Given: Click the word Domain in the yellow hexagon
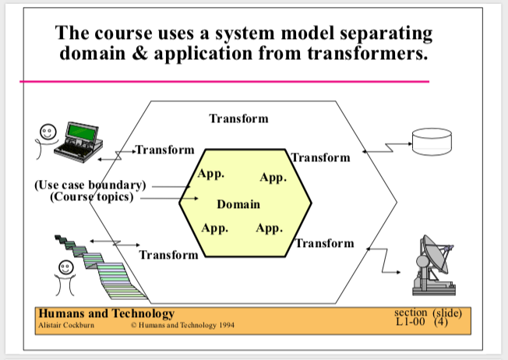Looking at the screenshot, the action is pyautogui.click(x=238, y=204).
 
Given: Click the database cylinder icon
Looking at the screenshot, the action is pyautogui.click(x=432, y=142).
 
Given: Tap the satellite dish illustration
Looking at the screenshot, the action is pyautogui.click(x=433, y=266).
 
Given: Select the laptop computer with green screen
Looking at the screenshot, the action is pyautogui.click(x=79, y=142).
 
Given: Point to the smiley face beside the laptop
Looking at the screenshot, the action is pyautogui.click(x=48, y=132).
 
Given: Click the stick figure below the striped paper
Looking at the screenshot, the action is pyautogui.click(x=65, y=278).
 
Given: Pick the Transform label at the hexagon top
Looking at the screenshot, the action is pyautogui.click(x=238, y=118).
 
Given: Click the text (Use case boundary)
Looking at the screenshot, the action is pyautogui.click(x=90, y=185).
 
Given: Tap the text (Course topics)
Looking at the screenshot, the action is pyautogui.click(x=92, y=196).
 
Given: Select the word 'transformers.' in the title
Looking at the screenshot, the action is pyautogui.click(x=368, y=53).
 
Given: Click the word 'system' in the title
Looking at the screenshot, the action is pyautogui.click(x=245, y=34).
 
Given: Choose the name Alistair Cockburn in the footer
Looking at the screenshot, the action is pyautogui.click(x=66, y=325).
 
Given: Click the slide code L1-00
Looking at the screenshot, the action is pyautogui.click(x=410, y=322).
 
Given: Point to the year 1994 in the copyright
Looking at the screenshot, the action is pyautogui.click(x=227, y=325).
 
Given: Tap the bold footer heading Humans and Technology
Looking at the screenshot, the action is pyautogui.click(x=107, y=313).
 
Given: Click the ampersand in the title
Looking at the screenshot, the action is pyautogui.click(x=139, y=53).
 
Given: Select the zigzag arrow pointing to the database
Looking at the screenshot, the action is pyautogui.click(x=387, y=147).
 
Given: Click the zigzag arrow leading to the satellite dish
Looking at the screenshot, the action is pyautogui.click(x=384, y=261).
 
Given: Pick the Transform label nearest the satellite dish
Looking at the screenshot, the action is pyautogui.click(x=325, y=243).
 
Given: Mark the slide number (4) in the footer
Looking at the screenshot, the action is pyautogui.click(x=441, y=322).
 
